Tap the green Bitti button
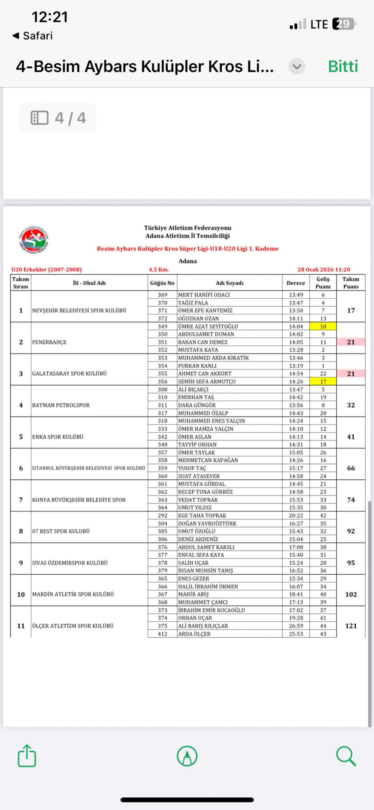343,66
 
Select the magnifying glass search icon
346,756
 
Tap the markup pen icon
187,756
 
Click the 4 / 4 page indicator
58,118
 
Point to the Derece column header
296,283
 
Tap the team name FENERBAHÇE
49,342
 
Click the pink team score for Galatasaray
351,374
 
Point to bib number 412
162,634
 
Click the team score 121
351,626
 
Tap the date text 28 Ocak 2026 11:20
324,269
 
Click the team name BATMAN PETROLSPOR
61,405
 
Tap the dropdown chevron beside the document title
297,66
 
